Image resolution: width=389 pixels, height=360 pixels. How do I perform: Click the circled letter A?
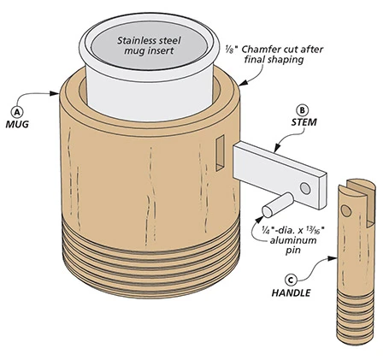pos(17,112)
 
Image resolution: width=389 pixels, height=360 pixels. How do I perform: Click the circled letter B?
pos(303,110)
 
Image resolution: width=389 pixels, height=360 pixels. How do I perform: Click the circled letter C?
pos(291,280)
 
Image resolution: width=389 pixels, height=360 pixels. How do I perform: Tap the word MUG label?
pos(17,124)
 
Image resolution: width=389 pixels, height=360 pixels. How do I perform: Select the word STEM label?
pos(304,122)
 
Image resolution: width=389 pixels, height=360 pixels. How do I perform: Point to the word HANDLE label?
pos(291,292)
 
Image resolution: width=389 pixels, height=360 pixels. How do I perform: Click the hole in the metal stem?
pos(305,188)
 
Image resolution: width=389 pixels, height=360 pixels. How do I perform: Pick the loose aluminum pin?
pos(278,204)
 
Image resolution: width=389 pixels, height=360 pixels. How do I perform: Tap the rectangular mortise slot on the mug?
pos(220,153)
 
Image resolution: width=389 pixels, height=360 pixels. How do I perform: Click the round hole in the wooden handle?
pos(346,210)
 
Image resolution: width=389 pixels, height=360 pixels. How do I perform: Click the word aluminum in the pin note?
pos(293,240)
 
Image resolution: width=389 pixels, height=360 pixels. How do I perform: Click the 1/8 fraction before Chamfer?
pos(229,50)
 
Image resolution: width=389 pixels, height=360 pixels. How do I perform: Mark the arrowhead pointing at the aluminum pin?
pos(259,219)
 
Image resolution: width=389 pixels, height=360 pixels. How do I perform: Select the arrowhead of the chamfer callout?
pos(243,83)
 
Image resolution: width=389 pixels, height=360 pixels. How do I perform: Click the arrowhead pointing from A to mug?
pos(55,93)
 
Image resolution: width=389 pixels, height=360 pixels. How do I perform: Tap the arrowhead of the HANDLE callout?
pos(333,258)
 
